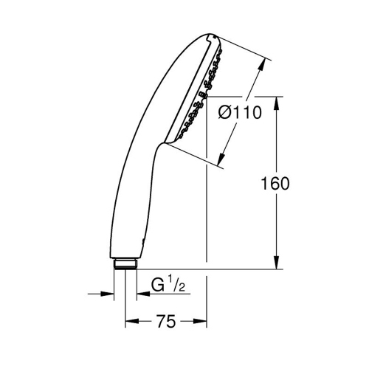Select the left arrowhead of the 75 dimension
click(128, 322)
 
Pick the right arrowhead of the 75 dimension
click(201, 322)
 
